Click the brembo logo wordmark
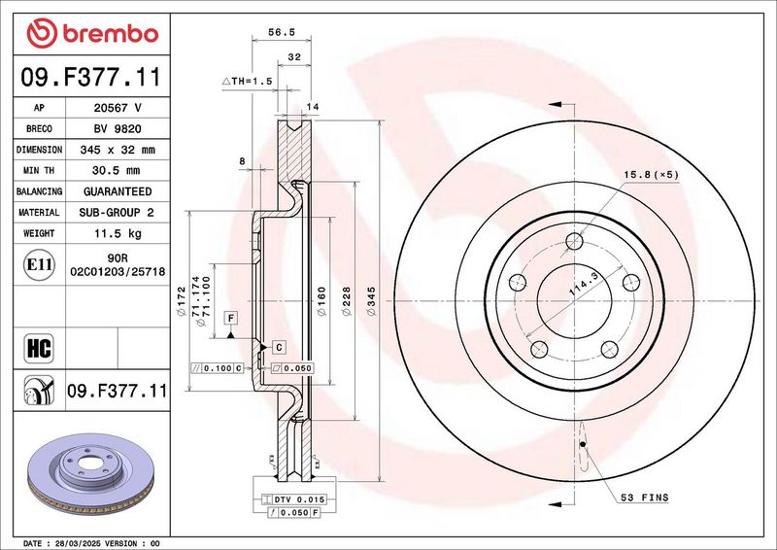point(92,33)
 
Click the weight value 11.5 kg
point(118,233)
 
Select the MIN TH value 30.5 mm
point(116,171)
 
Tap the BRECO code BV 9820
point(118,129)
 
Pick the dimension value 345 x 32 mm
point(118,150)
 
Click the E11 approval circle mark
point(39,264)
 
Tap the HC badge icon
point(39,348)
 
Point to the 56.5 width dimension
point(282,32)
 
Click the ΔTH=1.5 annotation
point(248,81)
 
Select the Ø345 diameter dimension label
point(371,301)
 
